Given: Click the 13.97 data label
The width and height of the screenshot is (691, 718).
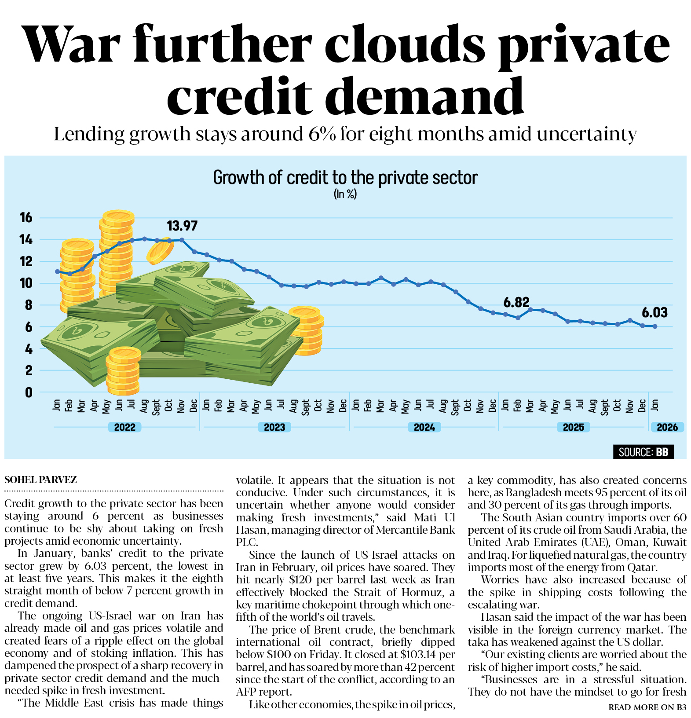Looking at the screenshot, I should pyautogui.click(x=182, y=226).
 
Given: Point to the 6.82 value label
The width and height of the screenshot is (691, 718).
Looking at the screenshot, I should pyautogui.click(x=516, y=302).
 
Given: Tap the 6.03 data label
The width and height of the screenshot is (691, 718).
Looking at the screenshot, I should pyautogui.click(x=654, y=312).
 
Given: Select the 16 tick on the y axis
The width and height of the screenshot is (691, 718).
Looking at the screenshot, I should pyautogui.click(x=26, y=217).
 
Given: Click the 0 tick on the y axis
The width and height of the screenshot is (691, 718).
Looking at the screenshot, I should pyautogui.click(x=29, y=392).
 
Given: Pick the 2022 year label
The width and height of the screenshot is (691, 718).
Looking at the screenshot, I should pyautogui.click(x=125, y=427).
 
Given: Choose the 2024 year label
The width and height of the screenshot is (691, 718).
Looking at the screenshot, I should pyautogui.click(x=424, y=427).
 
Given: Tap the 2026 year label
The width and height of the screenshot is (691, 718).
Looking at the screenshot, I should pyautogui.click(x=667, y=427).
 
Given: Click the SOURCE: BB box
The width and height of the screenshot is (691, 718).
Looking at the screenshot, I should pyautogui.click(x=643, y=452).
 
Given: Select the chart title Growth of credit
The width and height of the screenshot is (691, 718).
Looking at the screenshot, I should pyautogui.click(x=345, y=178).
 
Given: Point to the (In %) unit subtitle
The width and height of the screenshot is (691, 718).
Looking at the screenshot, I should pyautogui.click(x=345, y=194).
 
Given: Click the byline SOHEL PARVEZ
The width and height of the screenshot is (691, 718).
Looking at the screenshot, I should pyautogui.click(x=41, y=480).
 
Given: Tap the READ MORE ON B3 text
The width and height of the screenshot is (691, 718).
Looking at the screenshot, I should pyautogui.click(x=647, y=707).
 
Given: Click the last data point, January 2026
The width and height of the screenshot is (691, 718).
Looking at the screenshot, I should pyautogui.click(x=655, y=326).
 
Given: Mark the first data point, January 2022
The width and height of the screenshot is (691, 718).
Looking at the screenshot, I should pyautogui.click(x=57, y=271).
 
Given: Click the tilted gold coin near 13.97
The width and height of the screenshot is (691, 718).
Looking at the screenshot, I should pyautogui.click(x=160, y=251).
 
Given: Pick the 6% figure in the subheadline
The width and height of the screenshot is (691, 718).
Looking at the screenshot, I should pyautogui.click(x=322, y=134).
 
